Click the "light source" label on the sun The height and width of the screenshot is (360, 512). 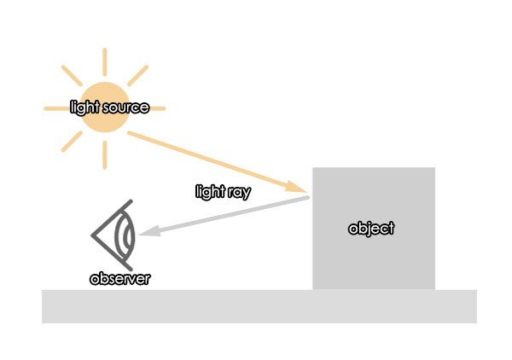[110, 107]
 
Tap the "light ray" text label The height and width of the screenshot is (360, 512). [224, 192]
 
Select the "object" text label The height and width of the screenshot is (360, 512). [371, 229]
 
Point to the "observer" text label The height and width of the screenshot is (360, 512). [119, 279]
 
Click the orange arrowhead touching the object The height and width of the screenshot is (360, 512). [296, 187]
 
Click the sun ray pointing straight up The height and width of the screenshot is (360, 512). [105, 62]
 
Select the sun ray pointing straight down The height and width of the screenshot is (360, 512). [105, 155]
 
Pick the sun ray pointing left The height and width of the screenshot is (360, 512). [57, 108]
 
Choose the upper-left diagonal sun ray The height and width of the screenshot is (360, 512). [72, 76]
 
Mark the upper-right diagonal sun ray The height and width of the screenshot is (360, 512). [137, 76]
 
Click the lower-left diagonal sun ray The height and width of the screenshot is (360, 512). [72, 142]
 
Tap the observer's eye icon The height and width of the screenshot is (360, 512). [113, 235]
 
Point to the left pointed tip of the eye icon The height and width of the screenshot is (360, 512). [92, 235]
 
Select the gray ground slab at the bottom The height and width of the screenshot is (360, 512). [259, 306]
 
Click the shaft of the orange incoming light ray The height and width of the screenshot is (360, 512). [209, 159]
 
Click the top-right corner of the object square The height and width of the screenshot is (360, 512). [435, 168]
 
